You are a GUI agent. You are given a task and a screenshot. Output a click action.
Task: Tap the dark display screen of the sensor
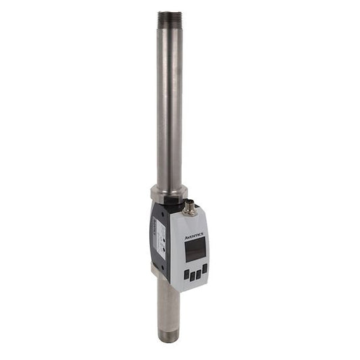tap(195, 250)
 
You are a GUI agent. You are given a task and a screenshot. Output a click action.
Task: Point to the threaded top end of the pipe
tap(170, 20)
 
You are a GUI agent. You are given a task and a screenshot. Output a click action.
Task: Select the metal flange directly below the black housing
tap(159, 272)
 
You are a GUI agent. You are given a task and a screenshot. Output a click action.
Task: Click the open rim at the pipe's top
tap(170, 12)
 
